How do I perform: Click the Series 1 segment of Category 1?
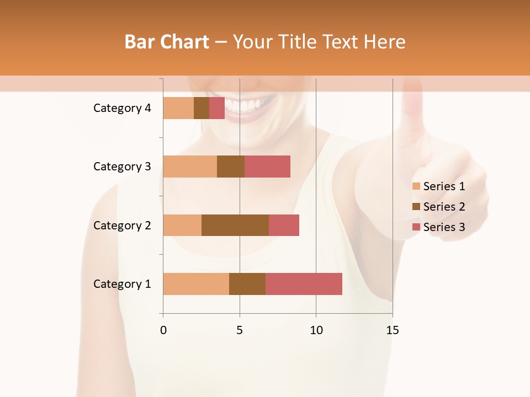click(196, 284)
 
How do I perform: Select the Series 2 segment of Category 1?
click(247, 284)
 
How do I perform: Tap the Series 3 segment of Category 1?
click(304, 284)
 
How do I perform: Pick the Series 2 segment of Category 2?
click(235, 225)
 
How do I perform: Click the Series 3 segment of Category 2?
click(284, 225)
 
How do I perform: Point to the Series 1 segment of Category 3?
click(190, 167)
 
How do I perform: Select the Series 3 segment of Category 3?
click(267, 167)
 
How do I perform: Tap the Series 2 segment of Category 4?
click(202, 108)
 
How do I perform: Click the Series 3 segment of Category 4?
click(217, 108)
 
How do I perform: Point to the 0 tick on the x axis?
click(163, 330)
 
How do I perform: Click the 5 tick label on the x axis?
click(240, 330)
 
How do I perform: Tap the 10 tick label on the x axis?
click(316, 330)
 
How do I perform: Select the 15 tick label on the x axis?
click(392, 330)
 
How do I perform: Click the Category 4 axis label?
click(122, 108)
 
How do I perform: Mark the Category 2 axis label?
click(122, 225)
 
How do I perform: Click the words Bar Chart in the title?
click(167, 42)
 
